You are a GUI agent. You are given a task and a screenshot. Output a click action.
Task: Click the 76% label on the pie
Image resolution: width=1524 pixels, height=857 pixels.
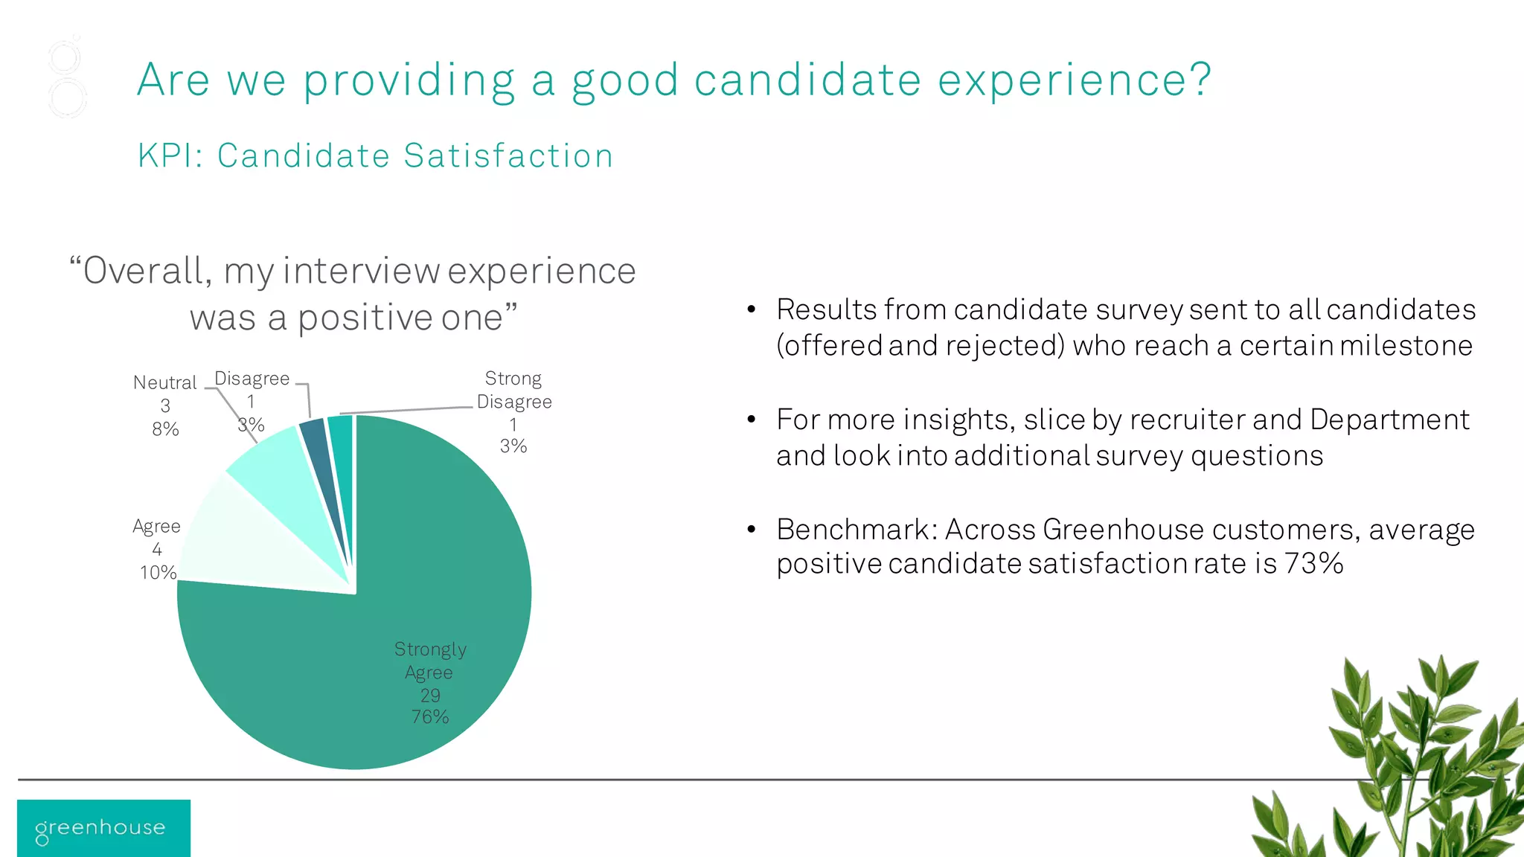[x=430, y=717]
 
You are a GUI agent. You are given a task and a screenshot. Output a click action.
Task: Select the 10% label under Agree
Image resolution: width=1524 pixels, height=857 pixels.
[x=158, y=573]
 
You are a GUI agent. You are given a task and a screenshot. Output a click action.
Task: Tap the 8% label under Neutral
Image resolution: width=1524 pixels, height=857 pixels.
[x=165, y=429]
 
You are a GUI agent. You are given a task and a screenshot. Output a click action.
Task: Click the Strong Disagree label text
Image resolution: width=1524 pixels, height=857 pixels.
[x=513, y=390]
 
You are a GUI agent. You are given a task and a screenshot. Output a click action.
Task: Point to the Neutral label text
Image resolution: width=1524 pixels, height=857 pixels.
[x=164, y=382]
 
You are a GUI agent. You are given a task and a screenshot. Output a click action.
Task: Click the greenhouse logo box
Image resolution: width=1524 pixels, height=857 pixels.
[x=103, y=828]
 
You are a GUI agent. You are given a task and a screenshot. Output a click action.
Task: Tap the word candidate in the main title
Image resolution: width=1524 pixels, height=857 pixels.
[x=807, y=80]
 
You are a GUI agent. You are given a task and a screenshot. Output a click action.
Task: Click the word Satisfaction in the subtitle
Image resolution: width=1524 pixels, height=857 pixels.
[x=508, y=156]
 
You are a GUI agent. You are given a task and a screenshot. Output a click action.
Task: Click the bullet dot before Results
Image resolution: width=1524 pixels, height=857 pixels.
[x=752, y=309]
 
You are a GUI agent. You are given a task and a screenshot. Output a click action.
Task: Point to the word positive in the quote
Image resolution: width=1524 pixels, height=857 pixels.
[x=365, y=318]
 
